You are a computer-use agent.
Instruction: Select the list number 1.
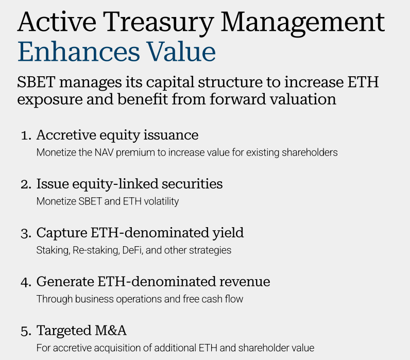(x=25, y=135)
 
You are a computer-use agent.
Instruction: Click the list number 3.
(x=26, y=233)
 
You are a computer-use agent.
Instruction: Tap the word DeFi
(x=121, y=250)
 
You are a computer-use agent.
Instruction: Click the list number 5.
(x=26, y=330)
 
